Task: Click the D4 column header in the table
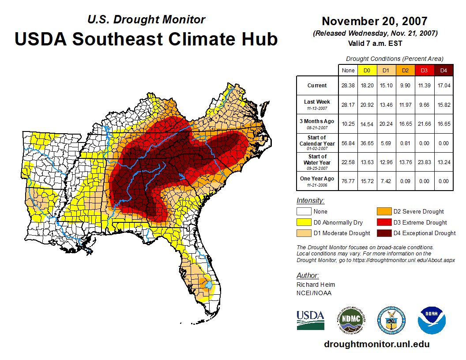443,70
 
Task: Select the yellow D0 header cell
367,70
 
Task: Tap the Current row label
317,86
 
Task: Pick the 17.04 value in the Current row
443,86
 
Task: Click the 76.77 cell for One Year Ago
348,181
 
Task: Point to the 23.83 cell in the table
424,162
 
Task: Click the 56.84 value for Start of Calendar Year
348,143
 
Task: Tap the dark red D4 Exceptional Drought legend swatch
384,233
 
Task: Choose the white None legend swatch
304,212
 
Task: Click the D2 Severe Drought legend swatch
384,212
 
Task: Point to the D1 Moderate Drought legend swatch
304,233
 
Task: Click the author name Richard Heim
316,285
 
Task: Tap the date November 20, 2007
374,21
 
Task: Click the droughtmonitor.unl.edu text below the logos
376,344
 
